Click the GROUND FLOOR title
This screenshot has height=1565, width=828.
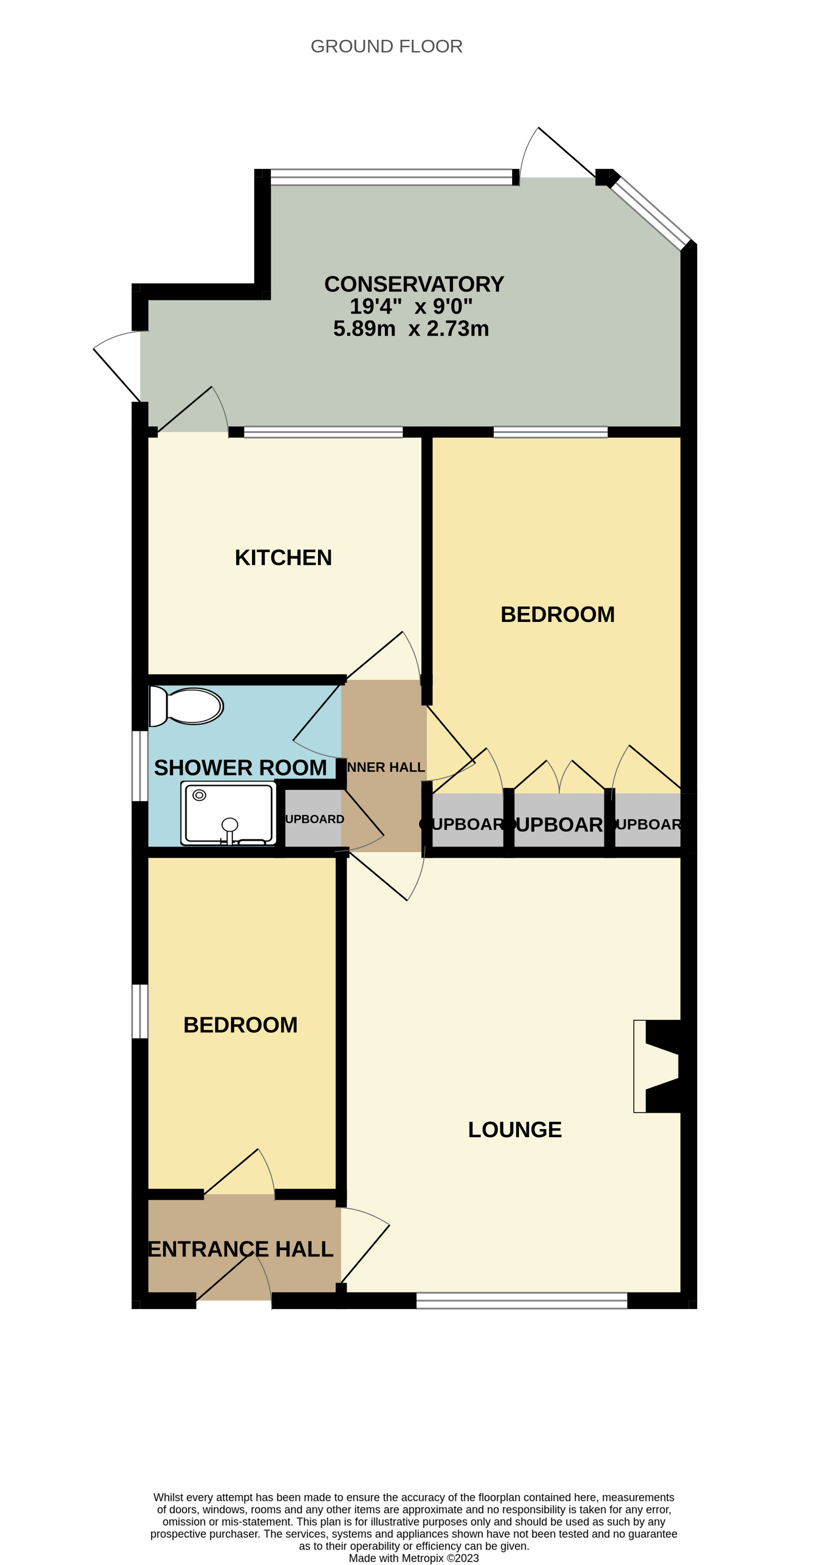coord(386,46)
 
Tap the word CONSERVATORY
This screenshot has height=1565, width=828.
coord(414,284)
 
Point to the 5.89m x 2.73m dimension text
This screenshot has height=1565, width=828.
coord(411,328)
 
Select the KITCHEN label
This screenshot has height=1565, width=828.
coord(283,558)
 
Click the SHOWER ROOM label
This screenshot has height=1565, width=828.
coord(241,768)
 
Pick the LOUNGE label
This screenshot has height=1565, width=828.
coord(514,1130)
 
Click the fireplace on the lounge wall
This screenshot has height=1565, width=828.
coord(657,1066)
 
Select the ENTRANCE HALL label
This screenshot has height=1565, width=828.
coord(241,1249)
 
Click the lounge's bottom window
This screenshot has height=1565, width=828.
coord(521,1301)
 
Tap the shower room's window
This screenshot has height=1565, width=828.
coord(140,766)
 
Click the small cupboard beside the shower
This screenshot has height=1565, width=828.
coord(314,818)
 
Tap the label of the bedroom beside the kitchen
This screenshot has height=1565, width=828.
coord(557,615)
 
